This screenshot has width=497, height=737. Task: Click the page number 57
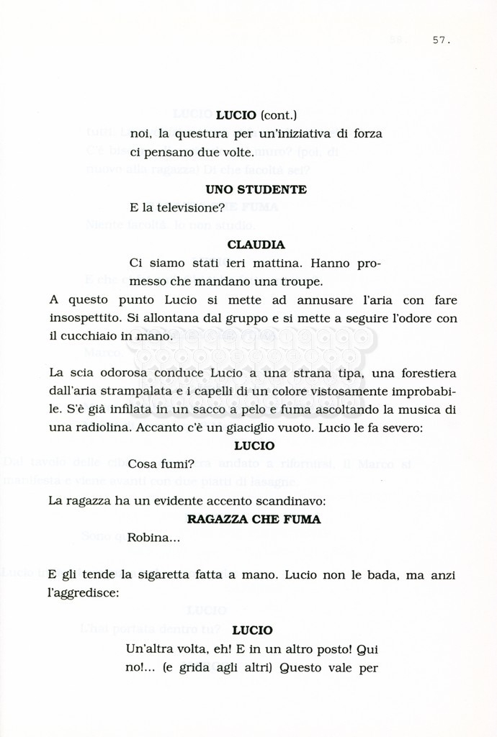[x=441, y=40]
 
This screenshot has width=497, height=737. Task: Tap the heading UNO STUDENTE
[x=256, y=189]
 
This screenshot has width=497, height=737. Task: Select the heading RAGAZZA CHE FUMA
[x=254, y=519]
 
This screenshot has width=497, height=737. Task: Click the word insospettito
[x=86, y=317]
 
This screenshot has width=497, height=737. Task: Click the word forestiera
[x=423, y=373]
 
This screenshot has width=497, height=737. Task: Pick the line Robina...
[x=153, y=537]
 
